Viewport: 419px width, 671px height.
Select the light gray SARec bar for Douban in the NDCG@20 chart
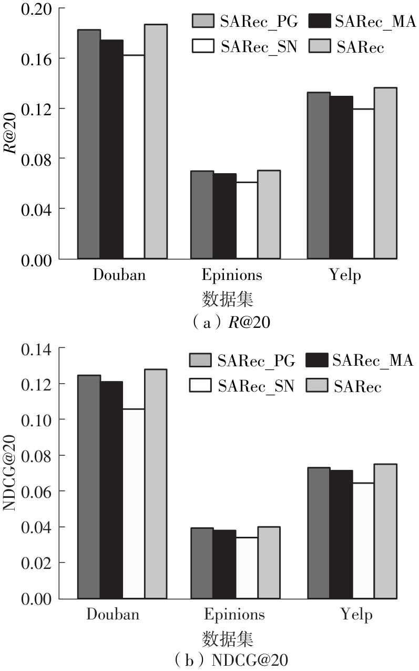[x=156, y=484]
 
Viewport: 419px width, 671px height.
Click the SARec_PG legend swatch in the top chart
[x=202, y=21]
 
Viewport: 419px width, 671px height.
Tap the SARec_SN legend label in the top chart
[x=259, y=47]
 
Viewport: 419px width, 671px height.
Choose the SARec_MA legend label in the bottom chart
[x=373, y=360]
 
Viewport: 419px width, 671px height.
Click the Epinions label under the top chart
[x=231, y=275]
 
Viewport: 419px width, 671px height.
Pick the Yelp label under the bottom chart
[x=356, y=615]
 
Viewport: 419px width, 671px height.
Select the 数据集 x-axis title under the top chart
[x=228, y=300]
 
